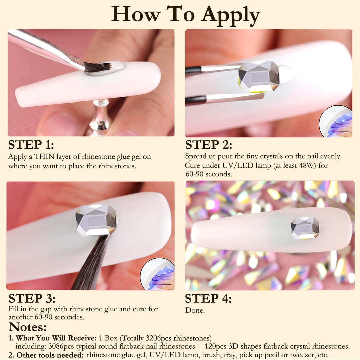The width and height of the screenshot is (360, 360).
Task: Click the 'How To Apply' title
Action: click(186, 15)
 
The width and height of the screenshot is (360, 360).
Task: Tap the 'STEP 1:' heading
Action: click(31, 145)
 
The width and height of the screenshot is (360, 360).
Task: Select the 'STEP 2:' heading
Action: click(209, 145)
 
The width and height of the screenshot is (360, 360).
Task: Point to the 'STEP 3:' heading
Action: click(32, 298)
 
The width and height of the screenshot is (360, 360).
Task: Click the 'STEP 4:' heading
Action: click(208, 298)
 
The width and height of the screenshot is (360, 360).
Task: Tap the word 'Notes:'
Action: click(28, 327)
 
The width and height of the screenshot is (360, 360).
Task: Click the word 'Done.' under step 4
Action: click(195, 310)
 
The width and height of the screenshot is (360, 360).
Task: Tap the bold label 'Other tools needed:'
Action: click(50, 355)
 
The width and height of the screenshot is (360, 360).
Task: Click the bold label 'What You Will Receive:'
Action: click(56, 338)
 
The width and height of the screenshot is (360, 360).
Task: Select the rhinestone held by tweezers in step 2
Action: click(259, 77)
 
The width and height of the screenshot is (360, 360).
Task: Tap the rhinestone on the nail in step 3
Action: click(96, 220)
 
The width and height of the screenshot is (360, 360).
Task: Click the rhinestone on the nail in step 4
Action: click(305, 228)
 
